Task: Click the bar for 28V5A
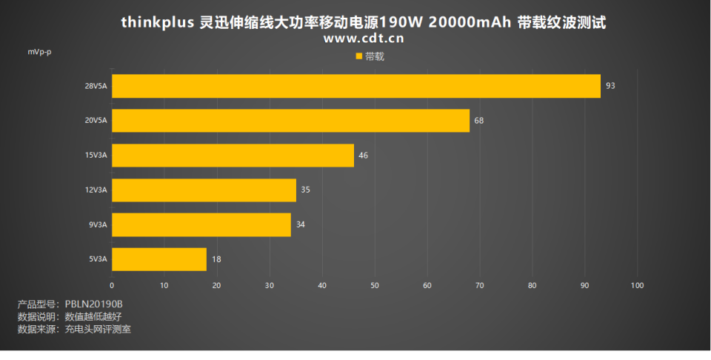click(355, 86)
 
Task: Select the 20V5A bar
click(290, 120)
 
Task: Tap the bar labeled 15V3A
click(233, 155)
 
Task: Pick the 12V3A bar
click(204, 190)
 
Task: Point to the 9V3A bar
click(201, 224)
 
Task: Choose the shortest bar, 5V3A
click(159, 259)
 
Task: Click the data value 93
click(610, 86)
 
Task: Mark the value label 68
click(479, 120)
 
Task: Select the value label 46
click(363, 155)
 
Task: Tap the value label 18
click(216, 259)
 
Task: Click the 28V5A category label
click(96, 86)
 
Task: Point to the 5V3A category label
click(98, 259)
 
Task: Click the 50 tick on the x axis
click(375, 285)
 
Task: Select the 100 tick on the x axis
click(638, 285)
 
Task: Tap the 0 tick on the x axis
click(112, 285)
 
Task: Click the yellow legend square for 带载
click(359, 56)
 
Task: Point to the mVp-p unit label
click(40, 53)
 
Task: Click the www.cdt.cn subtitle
click(364, 39)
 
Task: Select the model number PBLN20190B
click(94, 304)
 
